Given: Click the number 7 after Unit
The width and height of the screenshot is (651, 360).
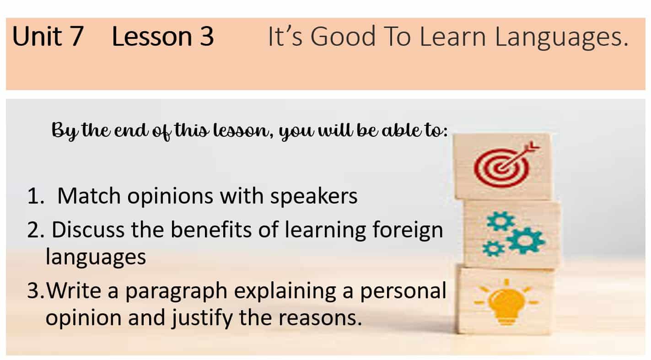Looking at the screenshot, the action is click(75, 36).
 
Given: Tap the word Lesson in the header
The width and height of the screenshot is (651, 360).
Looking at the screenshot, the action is click(152, 36).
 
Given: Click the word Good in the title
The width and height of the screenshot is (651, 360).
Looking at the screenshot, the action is click(343, 36).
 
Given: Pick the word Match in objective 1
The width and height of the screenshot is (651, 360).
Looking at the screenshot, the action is click(89, 196).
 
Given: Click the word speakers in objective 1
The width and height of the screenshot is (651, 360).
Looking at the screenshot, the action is click(314, 197).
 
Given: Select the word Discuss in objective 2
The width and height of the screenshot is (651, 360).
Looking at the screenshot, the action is click(88, 230).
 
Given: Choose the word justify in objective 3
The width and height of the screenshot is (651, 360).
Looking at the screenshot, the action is click(202, 318).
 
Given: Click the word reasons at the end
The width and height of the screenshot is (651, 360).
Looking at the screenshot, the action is click(320, 318).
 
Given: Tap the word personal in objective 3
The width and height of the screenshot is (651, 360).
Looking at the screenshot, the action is click(403, 291).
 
